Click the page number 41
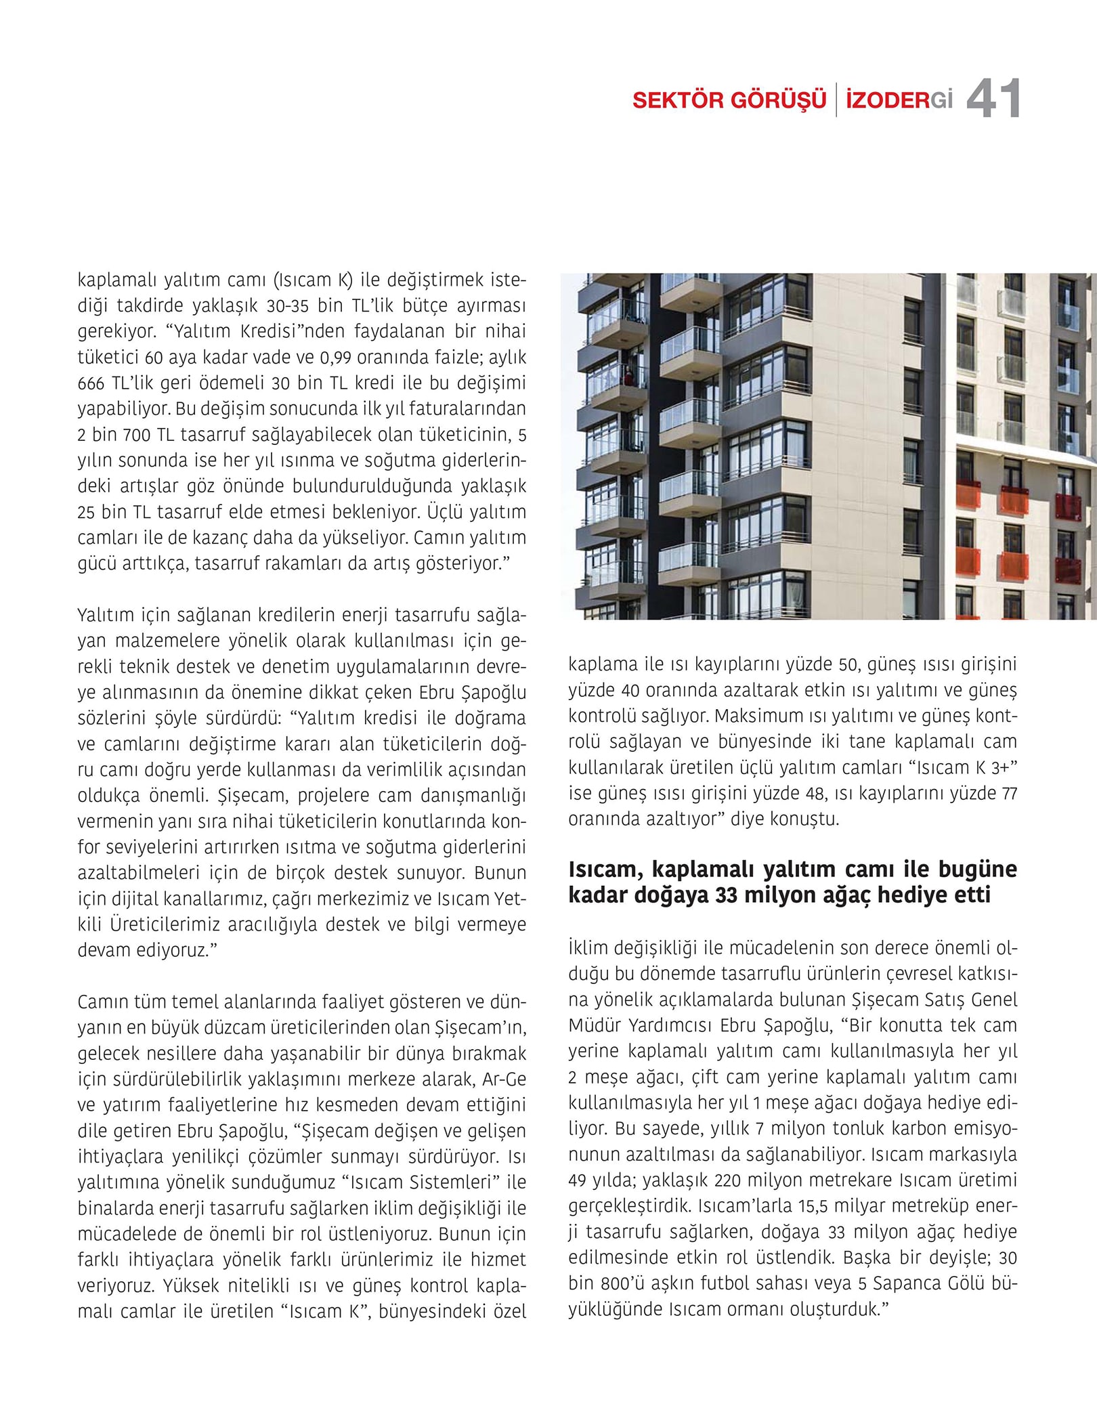click(993, 100)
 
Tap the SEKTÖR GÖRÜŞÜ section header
click(729, 100)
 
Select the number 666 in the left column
click(91, 384)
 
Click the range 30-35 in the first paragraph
click(288, 306)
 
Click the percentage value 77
click(1009, 794)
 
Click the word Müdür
click(593, 1025)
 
